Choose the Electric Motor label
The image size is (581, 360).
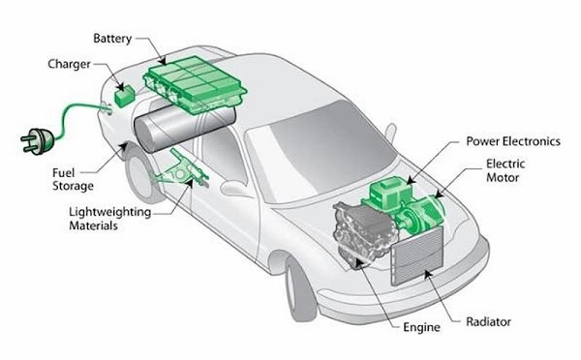pyautogui.click(x=505, y=170)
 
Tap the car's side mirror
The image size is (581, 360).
pyautogui.click(x=235, y=187)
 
